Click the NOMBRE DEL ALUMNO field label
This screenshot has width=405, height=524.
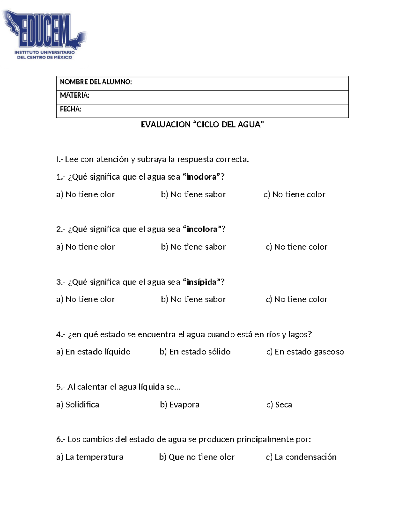[96, 82]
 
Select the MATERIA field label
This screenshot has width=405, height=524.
[75, 95]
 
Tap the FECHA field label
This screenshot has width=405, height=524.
[71, 109]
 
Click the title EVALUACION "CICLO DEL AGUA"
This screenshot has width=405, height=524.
[202, 125]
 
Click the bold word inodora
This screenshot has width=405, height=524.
[201, 177]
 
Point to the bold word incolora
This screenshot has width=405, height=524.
[202, 229]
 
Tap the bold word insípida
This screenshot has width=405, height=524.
[201, 282]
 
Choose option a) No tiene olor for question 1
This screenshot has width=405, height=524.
[86, 194]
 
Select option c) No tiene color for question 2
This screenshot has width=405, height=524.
[297, 247]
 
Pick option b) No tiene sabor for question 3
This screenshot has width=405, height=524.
[193, 299]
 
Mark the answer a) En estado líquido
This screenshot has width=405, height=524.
[93, 352]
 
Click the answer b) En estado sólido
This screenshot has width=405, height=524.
[195, 352]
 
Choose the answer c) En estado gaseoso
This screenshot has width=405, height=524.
[305, 352]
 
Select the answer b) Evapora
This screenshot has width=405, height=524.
[180, 405]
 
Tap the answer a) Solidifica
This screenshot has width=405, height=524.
[78, 405]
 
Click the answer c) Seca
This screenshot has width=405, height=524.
[279, 405]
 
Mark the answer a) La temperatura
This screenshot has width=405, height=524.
[90, 457]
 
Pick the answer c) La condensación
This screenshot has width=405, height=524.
[301, 457]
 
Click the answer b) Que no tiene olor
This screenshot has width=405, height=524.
[197, 457]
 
